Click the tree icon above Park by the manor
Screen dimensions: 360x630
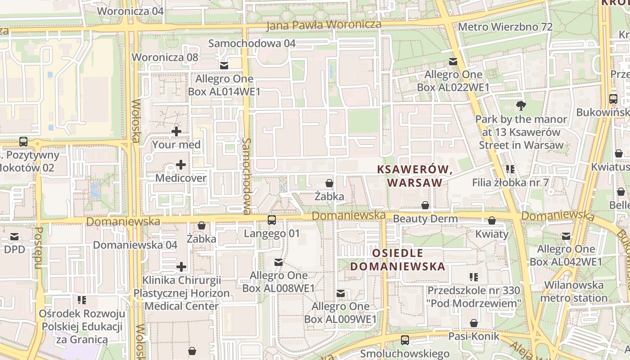pos(522,106)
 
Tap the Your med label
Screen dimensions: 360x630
pos(176,145)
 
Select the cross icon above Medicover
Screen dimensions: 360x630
pos(181,165)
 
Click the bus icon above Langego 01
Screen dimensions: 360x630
pos(272,220)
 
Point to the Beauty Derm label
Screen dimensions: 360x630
pos(425,219)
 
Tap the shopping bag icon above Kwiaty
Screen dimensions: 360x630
pos(492,221)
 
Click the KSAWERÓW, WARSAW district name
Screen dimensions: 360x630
pos(414,176)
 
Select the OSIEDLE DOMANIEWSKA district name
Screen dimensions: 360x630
pos(398,260)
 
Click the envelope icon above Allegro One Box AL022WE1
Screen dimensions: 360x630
pos(453,62)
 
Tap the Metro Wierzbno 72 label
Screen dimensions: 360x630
pos(505,27)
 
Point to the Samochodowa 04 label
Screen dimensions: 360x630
pos(252,43)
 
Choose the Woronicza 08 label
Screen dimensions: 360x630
pos(165,57)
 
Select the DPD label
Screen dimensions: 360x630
pos(14,249)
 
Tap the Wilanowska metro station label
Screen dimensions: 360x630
pos(574,291)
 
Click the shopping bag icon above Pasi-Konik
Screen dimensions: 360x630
pos(474,323)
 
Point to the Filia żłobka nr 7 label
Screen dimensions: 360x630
pos(510,183)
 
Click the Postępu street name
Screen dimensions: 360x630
pos(39,247)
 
